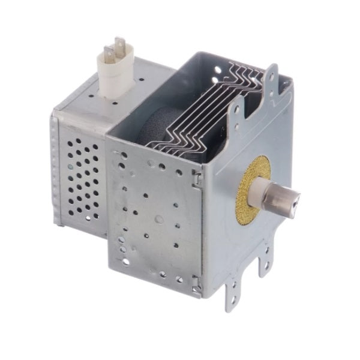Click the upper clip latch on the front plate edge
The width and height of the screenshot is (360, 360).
click(195, 175)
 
